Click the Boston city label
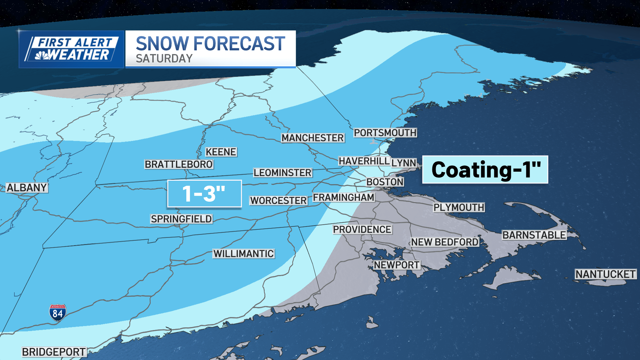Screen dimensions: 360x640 (385, 182)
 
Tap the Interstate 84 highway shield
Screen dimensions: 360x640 (58, 313)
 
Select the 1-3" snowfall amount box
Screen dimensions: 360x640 (204, 194)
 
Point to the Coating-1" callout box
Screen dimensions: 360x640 (485, 170)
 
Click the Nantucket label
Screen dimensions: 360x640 (605, 274)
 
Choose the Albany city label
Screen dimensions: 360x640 (27, 188)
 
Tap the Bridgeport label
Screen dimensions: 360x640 (54, 352)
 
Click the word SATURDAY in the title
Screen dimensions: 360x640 (164, 59)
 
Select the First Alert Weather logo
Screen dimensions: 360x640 (71, 49)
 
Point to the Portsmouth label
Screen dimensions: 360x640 (385, 133)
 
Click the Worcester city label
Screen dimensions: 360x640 (279, 200)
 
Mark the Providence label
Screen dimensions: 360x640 (362, 229)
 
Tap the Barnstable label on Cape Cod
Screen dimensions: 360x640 (534, 235)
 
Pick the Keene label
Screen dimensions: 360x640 (221, 152)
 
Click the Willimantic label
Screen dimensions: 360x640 (244, 254)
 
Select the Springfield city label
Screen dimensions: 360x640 (181, 219)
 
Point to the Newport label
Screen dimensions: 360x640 (397, 265)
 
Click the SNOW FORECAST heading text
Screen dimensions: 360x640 (210, 44)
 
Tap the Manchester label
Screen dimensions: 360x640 (313, 138)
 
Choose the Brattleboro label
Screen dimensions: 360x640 (179, 164)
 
